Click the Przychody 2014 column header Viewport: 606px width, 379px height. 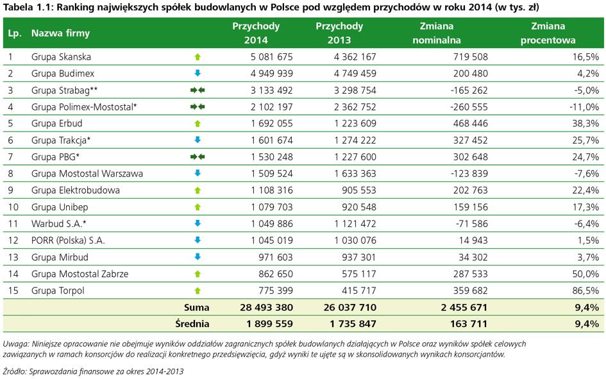(x=256, y=33)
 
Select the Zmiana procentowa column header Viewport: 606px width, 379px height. (x=548, y=33)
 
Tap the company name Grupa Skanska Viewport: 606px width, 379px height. (x=61, y=57)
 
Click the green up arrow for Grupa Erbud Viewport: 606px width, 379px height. (x=198, y=124)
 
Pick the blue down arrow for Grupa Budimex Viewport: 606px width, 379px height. (x=198, y=73)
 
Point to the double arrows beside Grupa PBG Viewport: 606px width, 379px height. (x=198, y=157)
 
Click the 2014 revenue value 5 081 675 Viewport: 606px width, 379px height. (x=271, y=57)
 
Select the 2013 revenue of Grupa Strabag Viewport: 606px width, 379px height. (x=355, y=90)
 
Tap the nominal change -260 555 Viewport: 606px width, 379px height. (x=469, y=107)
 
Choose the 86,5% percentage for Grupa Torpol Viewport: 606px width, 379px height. (x=585, y=291)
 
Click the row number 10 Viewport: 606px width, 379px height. (x=13, y=207)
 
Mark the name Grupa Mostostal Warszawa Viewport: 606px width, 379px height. (x=87, y=173)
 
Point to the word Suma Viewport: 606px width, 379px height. (x=196, y=308)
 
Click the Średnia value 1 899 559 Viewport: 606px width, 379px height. (x=269, y=324)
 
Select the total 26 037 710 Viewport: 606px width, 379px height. (x=349, y=308)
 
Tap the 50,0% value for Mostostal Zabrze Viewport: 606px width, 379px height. (x=585, y=274)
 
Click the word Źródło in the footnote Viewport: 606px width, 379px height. (x=14, y=372)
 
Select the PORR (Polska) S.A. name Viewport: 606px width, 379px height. (x=68, y=240)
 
